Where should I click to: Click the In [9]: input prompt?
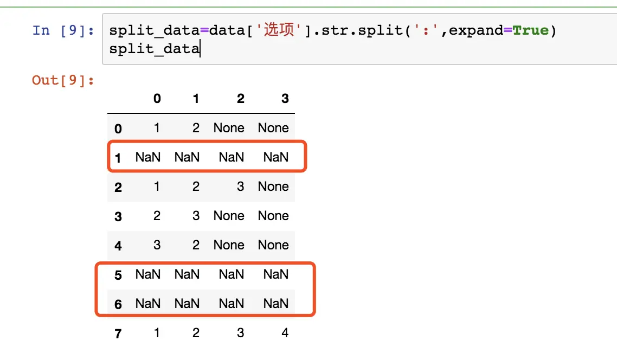(63, 30)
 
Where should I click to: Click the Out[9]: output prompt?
(63, 80)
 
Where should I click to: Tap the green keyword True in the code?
(530, 30)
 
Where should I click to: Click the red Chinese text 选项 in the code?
(279, 29)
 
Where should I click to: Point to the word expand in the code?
(475, 30)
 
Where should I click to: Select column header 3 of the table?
(285, 98)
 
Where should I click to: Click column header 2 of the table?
(240, 98)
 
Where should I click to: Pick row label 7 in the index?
(118, 333)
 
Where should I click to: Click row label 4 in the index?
(118, 246)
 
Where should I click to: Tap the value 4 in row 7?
(285, 333)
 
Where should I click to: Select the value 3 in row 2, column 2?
(240, 186)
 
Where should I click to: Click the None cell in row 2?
(273, 186)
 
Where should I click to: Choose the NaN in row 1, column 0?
(148, 157)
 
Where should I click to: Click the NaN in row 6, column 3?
(276, 304)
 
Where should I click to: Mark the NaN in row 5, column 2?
(232, 274)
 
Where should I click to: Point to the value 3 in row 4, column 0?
(157, 245)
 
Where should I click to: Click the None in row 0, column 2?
(229, 128)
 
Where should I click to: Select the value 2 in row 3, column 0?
(157, 216)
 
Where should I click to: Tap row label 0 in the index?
(118, 128)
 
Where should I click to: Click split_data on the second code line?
(155, 49)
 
